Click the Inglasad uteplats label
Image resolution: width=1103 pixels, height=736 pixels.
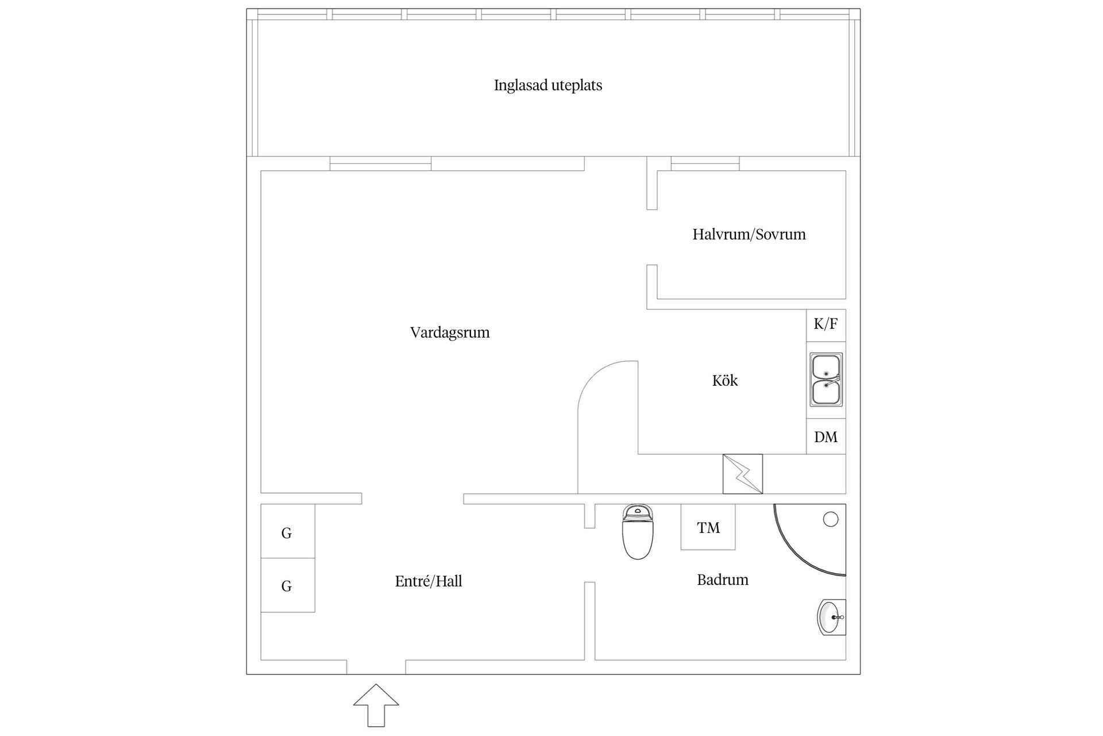[548, 86]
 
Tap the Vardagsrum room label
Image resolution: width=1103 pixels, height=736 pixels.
[450, 333]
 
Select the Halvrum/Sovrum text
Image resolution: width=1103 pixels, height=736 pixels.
[749, 235]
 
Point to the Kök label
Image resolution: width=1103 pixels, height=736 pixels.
[724, 381]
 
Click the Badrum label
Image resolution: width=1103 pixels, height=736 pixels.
[722, 580]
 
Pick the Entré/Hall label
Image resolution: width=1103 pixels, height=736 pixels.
[429, 581]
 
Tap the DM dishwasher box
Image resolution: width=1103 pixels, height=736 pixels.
[826, 437]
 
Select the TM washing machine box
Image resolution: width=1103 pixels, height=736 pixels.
[708, 527]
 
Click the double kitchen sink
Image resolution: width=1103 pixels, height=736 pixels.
[826, 379]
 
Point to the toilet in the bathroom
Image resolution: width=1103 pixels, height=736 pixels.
[638, 531]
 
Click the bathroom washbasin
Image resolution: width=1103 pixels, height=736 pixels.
[831, 618]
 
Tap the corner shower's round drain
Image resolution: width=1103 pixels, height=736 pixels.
[830, 519]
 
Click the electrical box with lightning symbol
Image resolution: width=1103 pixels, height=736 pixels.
[742, 474]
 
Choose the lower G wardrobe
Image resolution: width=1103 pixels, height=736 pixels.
[287, 585]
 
